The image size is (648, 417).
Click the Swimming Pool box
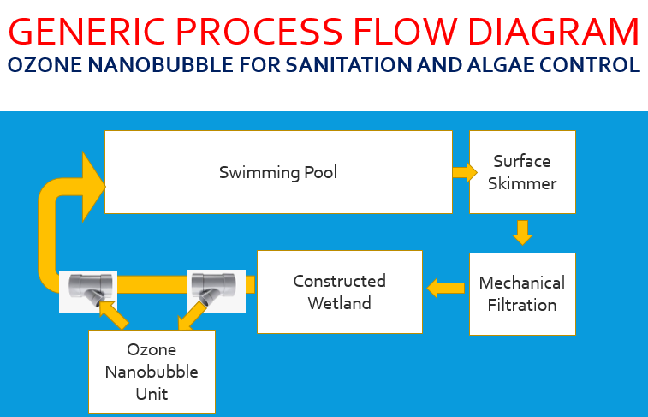[278, 172]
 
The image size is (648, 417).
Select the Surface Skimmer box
[522, 172]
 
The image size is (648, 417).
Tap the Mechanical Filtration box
[522, 294]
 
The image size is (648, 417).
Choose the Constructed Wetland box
[340, 292]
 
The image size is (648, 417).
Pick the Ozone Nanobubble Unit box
[152, 372]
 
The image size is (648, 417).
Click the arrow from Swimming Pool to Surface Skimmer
[465, 172]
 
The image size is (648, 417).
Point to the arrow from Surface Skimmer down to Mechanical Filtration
[522, 233]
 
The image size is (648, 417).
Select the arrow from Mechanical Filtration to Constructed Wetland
[445, 288]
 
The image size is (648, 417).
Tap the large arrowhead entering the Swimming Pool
[93, 187]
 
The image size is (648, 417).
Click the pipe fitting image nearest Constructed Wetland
[216, 291]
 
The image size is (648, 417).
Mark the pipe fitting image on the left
[88, 292]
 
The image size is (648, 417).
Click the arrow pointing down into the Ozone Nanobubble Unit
[191, 317]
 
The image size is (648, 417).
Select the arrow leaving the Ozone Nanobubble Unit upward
[114, 315]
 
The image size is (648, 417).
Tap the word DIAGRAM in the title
[554, 32]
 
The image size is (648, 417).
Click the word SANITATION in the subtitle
[348, 65]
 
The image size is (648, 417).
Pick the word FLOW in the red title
[405, 32]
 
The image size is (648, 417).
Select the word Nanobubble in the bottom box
[152, 372]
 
